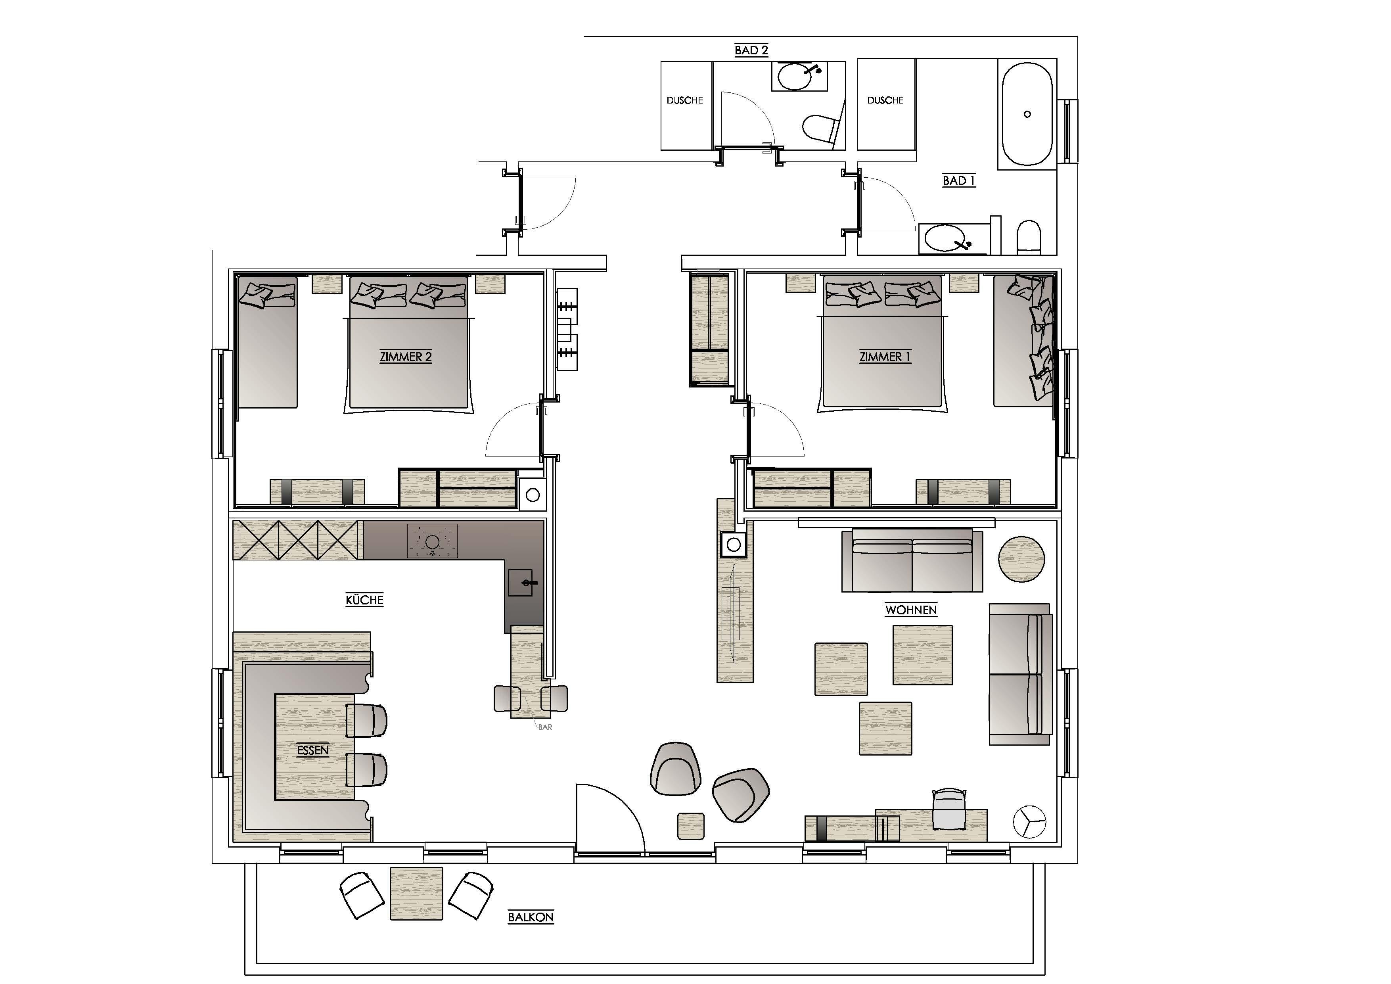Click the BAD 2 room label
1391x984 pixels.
(x=751, y=50)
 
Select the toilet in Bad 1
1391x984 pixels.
(x=1029, y=237)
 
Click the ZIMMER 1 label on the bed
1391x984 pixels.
(x=885, y=357)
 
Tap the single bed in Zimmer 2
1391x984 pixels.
(x=267, y=342)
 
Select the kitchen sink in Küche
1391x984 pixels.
(x=520, y=583)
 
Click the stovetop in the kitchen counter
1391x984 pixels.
(x=432, y=541)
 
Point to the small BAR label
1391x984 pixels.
(x=545, y=727)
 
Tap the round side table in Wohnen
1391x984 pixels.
(x=1021, y=559)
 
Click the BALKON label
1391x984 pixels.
(x=531, y=917)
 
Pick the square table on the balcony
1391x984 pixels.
(x=416, y=894)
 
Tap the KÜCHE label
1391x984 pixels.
(x=365, y=600)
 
